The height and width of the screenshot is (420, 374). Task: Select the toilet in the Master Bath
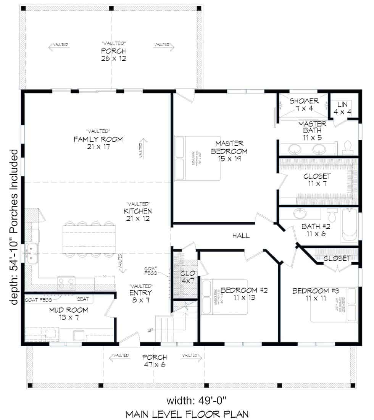point(347,147)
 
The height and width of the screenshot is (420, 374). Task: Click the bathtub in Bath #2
point(349,225)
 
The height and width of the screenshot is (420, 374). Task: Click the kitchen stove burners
point(66,283)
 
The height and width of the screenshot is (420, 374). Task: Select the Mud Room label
point(69,313)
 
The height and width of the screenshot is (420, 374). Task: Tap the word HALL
point(241,236)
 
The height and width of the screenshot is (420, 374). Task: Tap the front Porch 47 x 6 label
point(155,361)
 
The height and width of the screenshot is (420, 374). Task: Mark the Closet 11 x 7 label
point(317,180)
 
